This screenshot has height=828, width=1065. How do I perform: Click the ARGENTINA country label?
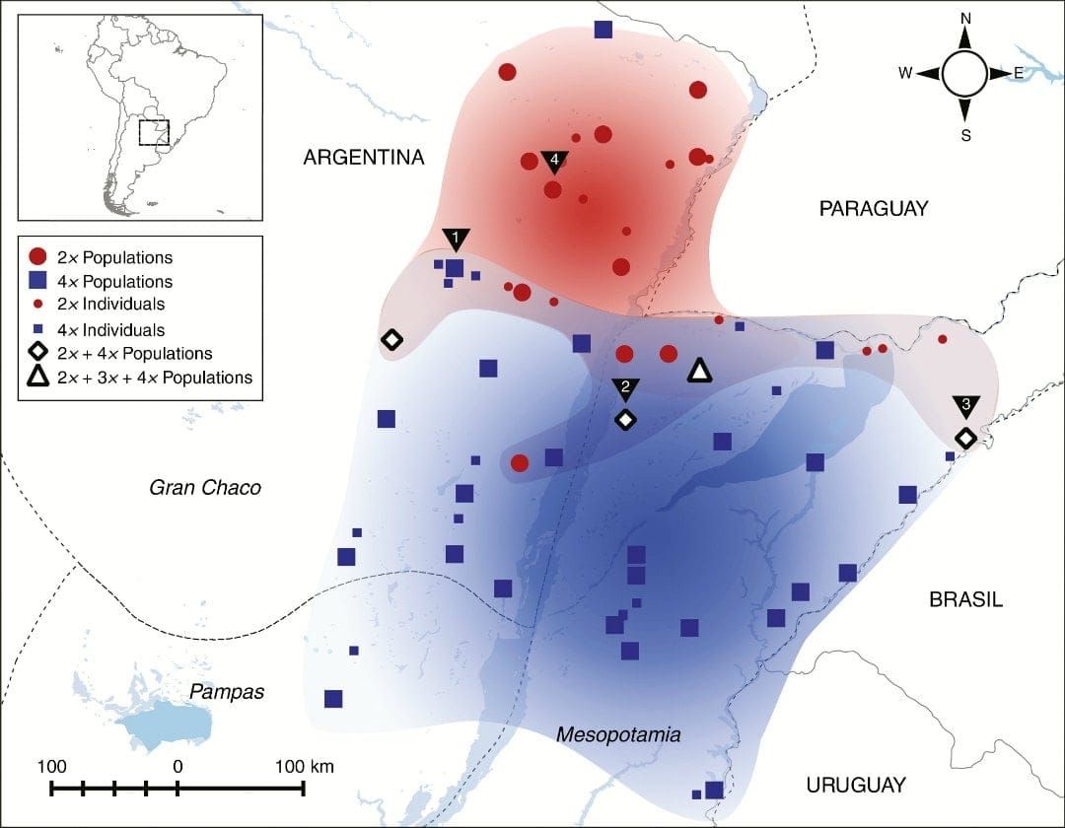[364, 158]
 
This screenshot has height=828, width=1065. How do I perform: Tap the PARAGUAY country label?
[874, 208]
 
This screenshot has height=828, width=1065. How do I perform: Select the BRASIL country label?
[965, 600]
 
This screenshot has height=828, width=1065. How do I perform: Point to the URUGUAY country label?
[855, 786]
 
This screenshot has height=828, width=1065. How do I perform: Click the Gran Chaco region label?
[205, 487]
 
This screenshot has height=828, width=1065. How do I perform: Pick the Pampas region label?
[228, 691]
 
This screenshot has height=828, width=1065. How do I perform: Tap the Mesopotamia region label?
[618, 734]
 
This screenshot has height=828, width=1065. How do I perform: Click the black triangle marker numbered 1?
[455, 239]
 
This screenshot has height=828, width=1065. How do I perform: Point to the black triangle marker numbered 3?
[965, 405]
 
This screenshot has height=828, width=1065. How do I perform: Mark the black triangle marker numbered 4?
[554, 160]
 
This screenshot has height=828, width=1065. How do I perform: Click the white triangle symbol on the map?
[699, 371]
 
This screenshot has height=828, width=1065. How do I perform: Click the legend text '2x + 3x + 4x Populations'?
[155, 377]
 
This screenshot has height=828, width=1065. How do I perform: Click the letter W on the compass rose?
[905, 74]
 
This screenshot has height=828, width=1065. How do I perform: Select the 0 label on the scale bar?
[177, 766]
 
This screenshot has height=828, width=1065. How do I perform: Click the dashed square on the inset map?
[154, 132]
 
